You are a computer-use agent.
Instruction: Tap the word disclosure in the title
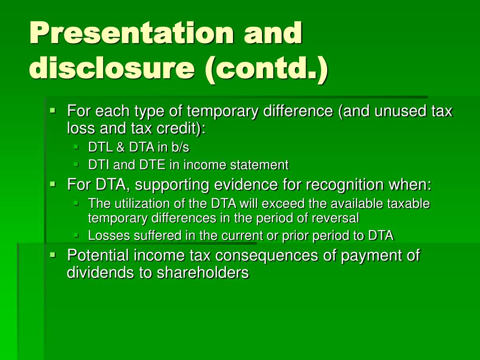112,67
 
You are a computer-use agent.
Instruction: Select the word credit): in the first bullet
181,128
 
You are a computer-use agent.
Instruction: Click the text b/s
180,147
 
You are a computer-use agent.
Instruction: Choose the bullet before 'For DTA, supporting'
53,184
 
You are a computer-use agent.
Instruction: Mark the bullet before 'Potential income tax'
53,254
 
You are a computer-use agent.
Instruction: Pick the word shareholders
202,272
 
